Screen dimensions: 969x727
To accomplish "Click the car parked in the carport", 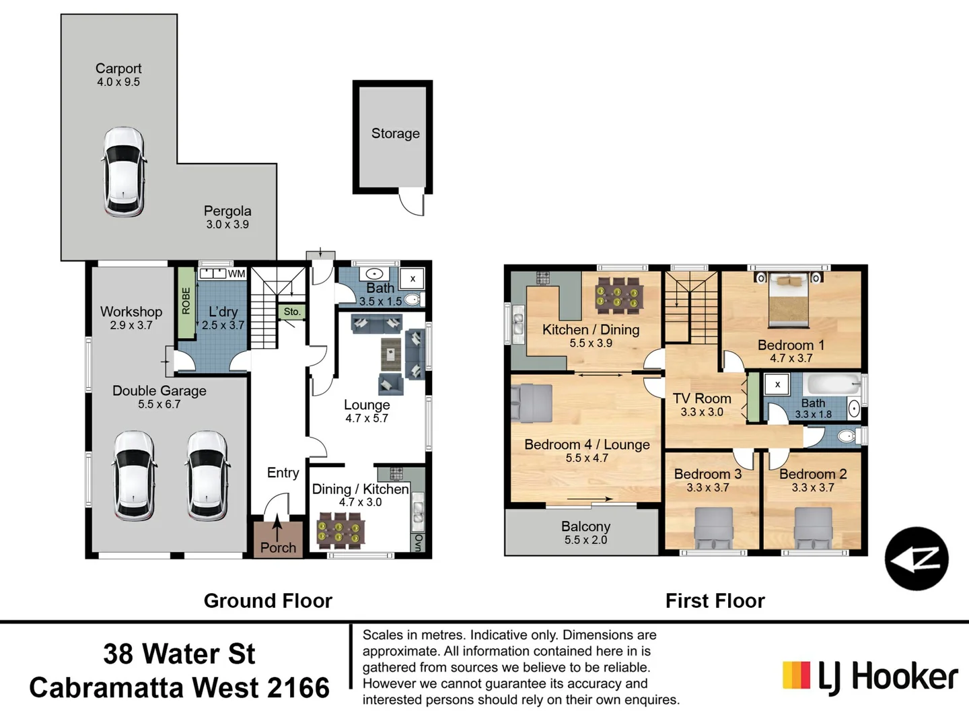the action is pyautogui.click(x=124, y=172).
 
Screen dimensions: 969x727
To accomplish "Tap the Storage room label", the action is pyautogui.click(x=395, y=133).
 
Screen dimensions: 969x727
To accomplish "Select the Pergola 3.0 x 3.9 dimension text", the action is pyautogui.click(x=227, y=224).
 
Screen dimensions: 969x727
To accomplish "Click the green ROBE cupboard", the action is pyautogui.click(x=186, y=303).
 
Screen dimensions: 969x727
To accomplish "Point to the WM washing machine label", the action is pyautogui.click(x=237, y=274).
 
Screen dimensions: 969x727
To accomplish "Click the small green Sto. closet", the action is pyautogui.click(x=292, y=312).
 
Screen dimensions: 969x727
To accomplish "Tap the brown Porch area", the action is pyautogui.click(x=278, y=539).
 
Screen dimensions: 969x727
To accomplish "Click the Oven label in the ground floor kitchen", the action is pyautogui.click(x=419, y=543).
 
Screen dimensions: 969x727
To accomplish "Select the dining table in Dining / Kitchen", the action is pyautogui.click(x=340, y=530).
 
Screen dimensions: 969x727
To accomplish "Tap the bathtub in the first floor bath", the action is pyautogui.click(x=832, y=384).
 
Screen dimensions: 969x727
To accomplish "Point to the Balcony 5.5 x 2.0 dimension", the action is pyautogui.click(x=585, y=540).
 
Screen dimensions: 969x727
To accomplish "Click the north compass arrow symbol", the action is pyautogui.click(x=917, y=559).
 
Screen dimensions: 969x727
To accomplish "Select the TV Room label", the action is pyautogui.click(x=702, y=399).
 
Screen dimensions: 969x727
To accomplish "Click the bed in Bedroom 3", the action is pyautogui.click(x=713, y=528).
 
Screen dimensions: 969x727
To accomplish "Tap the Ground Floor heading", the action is pyautogui.click(x=268, y=600).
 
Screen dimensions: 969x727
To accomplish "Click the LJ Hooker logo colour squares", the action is pyautogui.click(x=796, y=675).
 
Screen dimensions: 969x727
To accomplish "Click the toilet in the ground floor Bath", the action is pyautogui.click(x=414, y=300).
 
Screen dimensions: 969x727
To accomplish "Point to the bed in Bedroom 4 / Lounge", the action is pyautogui.click(x=532, y=403).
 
